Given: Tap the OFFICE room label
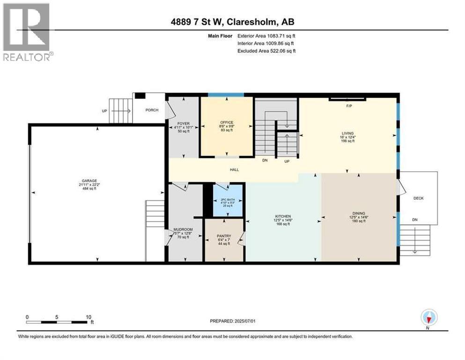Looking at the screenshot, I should [x=227, y=123].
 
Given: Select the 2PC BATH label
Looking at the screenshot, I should [x=227, y=201].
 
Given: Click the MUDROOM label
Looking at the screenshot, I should [x=183, y=230].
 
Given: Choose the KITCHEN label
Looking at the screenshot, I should [x=283, y=216].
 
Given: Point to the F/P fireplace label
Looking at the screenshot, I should [x=348, y=106].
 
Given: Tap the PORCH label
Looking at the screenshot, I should [x=152, y=110].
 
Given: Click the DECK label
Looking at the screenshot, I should [x=418, y=198].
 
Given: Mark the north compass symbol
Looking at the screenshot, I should [x=428, y=318].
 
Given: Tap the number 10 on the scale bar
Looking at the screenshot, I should [x=88, y=316].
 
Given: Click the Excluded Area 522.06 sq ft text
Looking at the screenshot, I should [x=267, y=51].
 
